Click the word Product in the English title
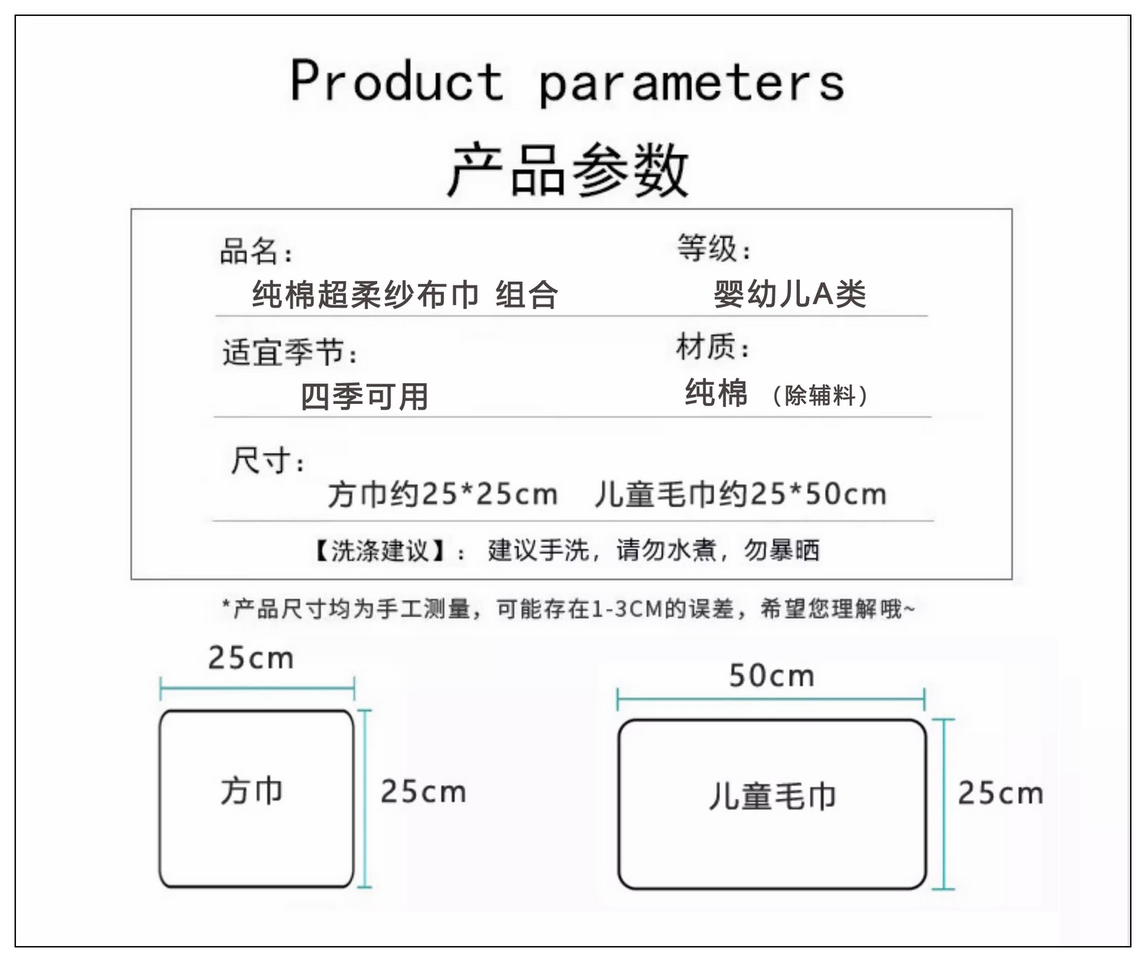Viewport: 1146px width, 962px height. pos(397,81)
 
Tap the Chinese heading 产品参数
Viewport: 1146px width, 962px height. pos(568,169)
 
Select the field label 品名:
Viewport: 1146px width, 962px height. pos(256,251)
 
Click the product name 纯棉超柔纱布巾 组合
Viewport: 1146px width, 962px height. pos(405,295)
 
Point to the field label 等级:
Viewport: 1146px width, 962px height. pos(714,248)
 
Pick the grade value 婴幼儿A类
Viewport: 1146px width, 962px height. pos(790,294)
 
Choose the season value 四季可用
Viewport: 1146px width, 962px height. pos(364,396)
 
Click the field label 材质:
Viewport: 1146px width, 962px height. pos(713,347)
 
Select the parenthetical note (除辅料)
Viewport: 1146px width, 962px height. pos(819,395)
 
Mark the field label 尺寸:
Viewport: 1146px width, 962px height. pos(268,461)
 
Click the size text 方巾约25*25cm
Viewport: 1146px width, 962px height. pos(442,494)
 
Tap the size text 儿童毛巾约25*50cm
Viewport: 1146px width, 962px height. pos(740,494)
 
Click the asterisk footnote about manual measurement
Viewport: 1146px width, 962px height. pos(568,609)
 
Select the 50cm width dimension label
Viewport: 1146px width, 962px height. pos(772,676)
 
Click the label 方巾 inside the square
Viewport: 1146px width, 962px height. pos(252,790)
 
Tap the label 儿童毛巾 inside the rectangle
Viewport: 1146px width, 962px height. pos(772,796)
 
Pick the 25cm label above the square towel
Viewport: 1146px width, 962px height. pos(251,658)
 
